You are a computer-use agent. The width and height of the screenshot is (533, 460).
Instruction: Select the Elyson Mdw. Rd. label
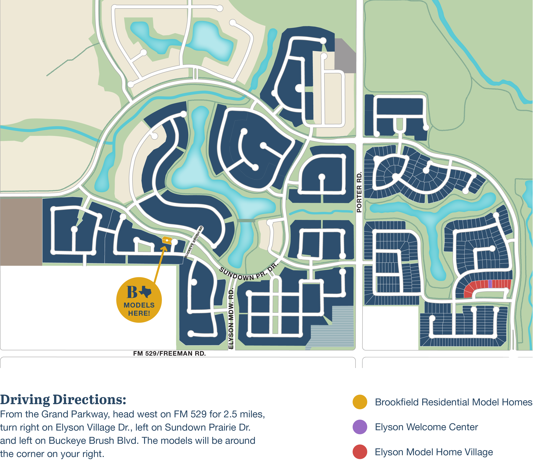231,319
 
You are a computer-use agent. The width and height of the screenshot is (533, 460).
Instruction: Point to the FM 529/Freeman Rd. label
169,353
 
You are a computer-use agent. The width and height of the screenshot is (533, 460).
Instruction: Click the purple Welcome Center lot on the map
490,284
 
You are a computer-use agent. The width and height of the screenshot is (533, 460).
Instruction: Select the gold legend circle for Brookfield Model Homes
360,402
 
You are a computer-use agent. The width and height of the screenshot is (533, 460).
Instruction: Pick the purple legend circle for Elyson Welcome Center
360,427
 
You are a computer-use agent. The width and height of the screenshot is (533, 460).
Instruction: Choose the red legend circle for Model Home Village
360,452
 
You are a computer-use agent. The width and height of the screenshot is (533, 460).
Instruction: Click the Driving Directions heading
63,400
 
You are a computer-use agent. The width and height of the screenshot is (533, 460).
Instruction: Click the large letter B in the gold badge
132,292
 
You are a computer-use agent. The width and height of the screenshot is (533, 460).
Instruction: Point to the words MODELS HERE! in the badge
139,309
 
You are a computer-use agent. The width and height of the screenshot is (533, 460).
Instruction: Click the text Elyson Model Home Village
434,452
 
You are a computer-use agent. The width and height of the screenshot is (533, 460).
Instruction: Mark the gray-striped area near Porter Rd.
334,328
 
